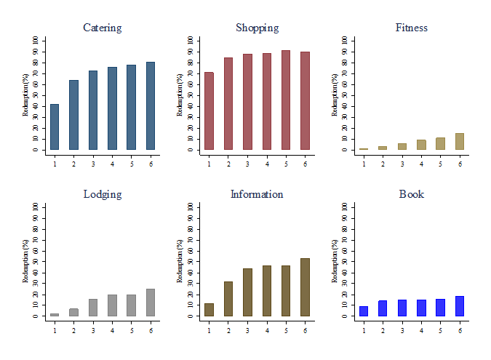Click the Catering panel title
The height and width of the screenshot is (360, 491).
point(103,28)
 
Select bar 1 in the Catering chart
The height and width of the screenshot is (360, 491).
point(55,127)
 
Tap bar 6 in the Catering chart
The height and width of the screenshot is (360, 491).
point(150,106)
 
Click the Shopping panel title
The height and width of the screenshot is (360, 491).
point(257,28)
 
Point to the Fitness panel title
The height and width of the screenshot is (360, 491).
point(412,28)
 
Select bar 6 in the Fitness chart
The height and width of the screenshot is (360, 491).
point(460,142)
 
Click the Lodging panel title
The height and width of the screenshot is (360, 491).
point(103,195)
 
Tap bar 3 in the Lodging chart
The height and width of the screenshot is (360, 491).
point(93,308)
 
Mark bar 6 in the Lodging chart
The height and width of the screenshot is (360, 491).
point(150,303)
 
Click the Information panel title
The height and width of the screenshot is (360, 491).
point(257,195)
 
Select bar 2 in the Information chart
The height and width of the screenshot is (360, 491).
point(228,299)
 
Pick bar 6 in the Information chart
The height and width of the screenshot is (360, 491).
point(305,287)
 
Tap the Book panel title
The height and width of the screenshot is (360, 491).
point(412,195)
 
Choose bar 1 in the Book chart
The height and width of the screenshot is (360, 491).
point(364,311)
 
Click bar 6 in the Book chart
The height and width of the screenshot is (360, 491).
point(460,306)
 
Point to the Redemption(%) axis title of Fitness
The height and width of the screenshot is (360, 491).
point(335,95)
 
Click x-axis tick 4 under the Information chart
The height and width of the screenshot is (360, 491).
point(267,329)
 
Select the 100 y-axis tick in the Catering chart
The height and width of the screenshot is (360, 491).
point(35,41)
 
